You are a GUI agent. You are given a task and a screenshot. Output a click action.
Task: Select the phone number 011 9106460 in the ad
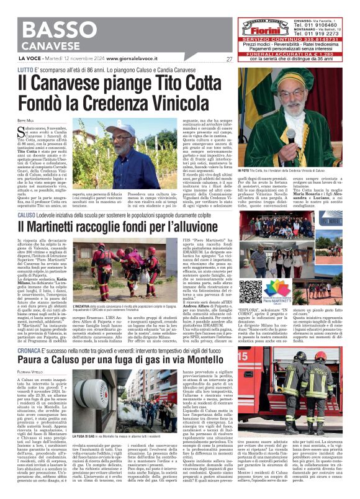[x=325, y=25]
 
